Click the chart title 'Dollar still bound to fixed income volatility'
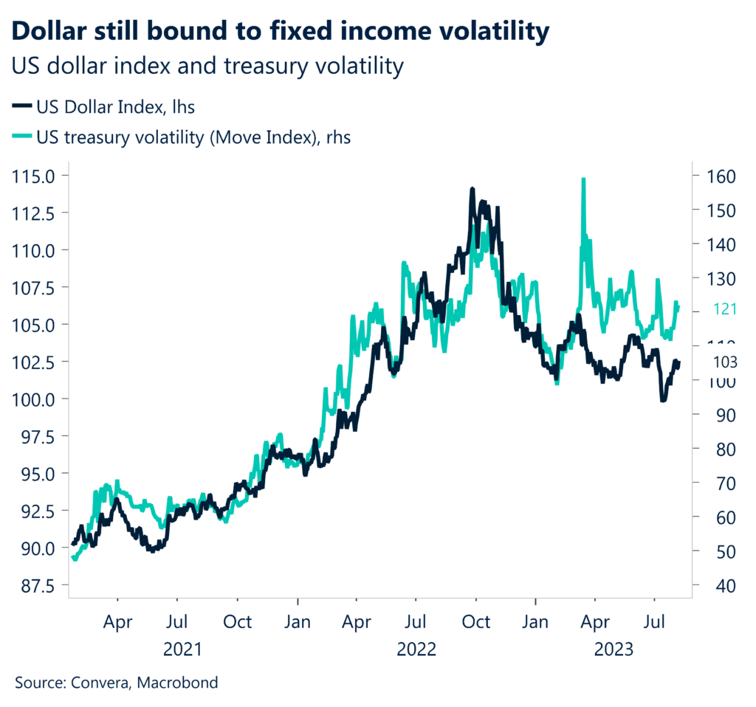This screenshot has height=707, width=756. pyautogui.click(x=281, y=32)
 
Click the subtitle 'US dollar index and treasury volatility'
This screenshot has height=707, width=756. pyautogui.click(x=207, y=66)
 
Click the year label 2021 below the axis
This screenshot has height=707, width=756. pyautogui.click(x=182, y=649)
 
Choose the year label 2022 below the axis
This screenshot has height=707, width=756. pyautogui.click(x=416, y=649)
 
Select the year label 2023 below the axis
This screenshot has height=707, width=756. pyautogui.click(x=613, y=649)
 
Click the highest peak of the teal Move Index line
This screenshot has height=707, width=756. pyautogui.click(x=583, y=179)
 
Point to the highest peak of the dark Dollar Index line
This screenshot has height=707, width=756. pyautogui.click(x=472, y=190)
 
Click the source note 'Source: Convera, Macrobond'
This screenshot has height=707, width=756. pyautogui.click(x=117, y=683)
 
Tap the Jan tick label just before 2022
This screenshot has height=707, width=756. pyautogui.click(x=298, y=621)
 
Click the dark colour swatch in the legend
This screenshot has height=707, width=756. pyautogui.click(x=21, y=107)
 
